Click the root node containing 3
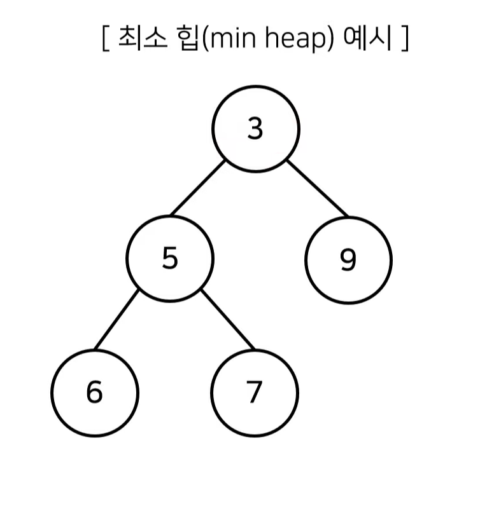(x=255, y=129)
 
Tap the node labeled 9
(x=348, y=260)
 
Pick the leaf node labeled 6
(x=94, y=392)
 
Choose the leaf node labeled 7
(x=255, y=392)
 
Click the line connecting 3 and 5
(x=198, y=188)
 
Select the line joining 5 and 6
(x=116, y=320)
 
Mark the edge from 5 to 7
(x=227, y=320)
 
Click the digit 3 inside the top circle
(x=255, y=129)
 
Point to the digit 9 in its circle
(x=348, y=260)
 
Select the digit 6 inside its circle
(x=94, y=392)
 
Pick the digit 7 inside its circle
(x=255, y=392)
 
